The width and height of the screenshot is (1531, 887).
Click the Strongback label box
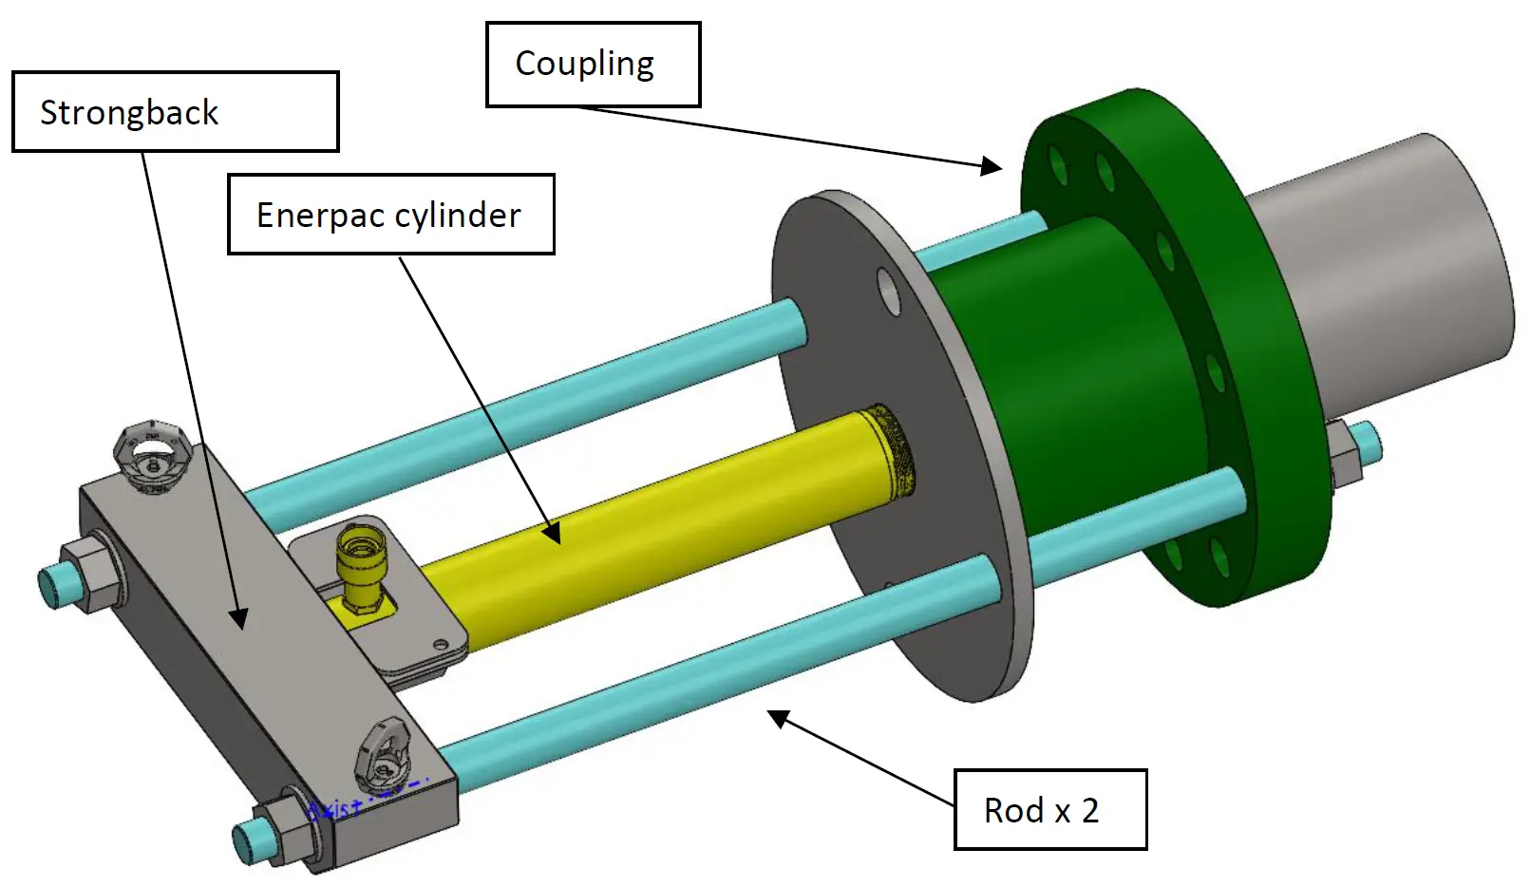tap(176, 112)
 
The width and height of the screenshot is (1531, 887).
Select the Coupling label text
tap(584, 64)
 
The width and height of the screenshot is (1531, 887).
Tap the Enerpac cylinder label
tap(390, 215)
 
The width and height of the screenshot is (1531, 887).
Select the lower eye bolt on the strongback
tap(384, 755)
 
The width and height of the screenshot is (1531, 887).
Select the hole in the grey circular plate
tap(889, 292)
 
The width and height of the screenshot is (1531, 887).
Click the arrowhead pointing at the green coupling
tap(992, 167)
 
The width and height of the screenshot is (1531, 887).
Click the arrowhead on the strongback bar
tap(239, 618)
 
